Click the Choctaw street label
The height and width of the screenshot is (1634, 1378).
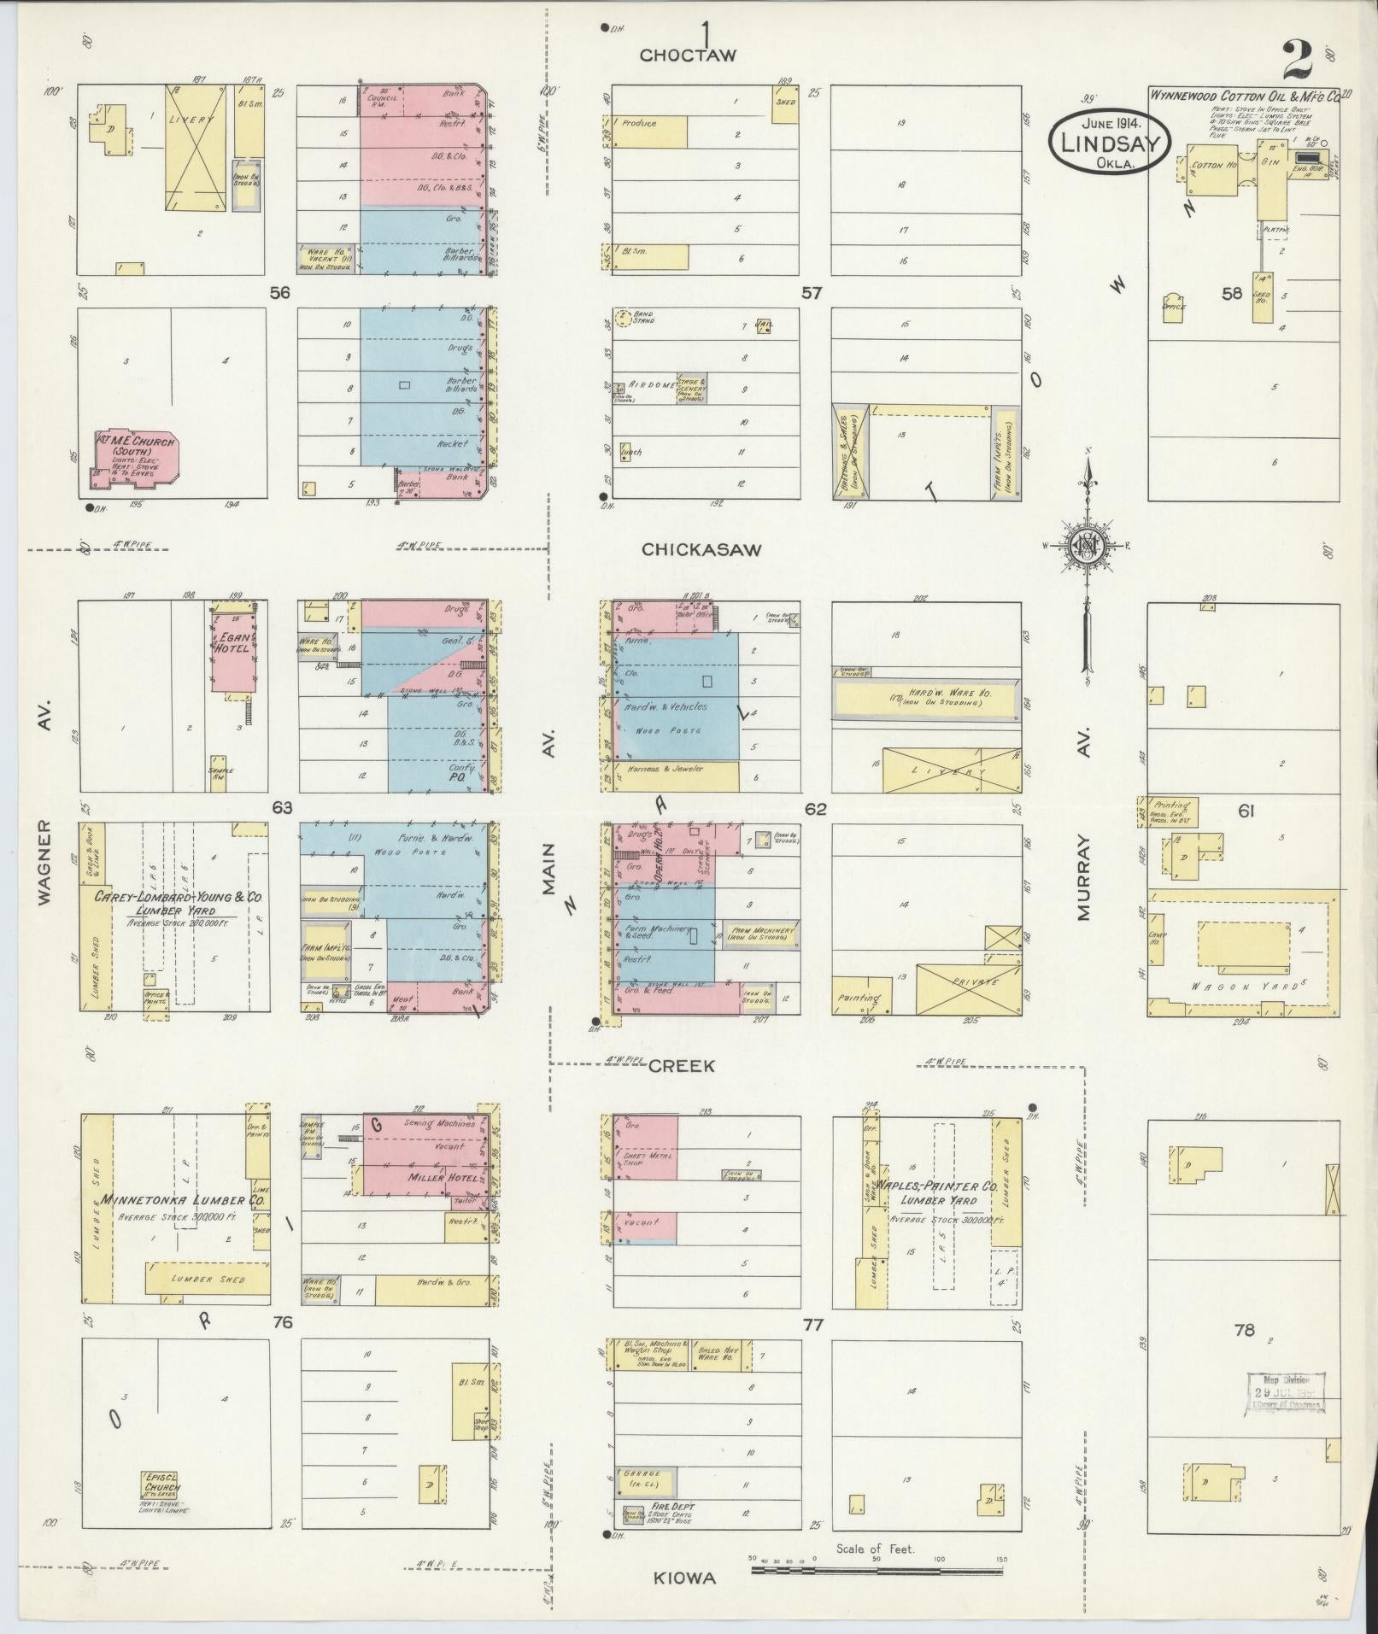point(688,56)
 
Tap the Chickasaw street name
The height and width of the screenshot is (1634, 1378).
point(701,550)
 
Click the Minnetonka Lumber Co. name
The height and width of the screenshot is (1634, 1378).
point(184,1200)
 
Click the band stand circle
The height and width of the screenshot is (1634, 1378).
point(623,318)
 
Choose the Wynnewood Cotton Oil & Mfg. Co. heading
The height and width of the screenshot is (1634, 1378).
point(1243,95)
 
